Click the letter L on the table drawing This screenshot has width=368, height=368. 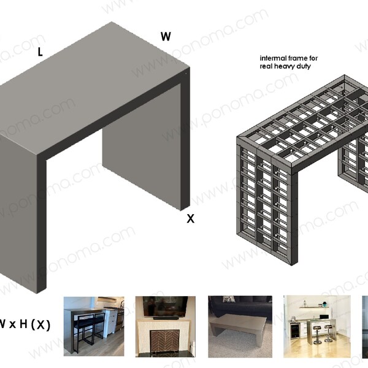tap(40, 53)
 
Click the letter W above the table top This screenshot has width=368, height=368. tap(166, 37)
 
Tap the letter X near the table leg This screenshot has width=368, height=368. tap(191, 218)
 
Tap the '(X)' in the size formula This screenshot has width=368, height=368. tap(40, 324)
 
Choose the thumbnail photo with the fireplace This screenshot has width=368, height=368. tap(165, 326)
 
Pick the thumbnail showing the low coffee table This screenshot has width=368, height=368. tap(240, 326)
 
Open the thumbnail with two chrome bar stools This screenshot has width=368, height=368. tap(316, 326)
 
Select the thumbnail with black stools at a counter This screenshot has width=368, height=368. tap(94, 326)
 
